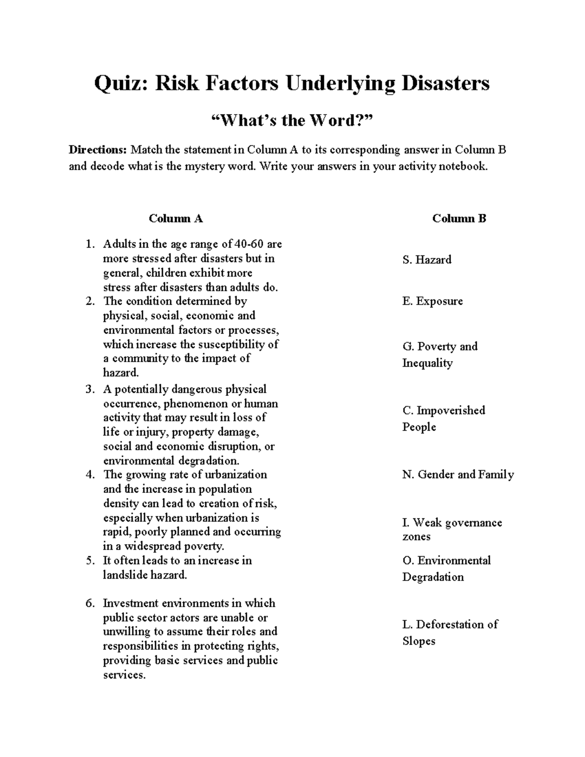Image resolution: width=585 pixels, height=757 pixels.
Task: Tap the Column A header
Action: point(175,218)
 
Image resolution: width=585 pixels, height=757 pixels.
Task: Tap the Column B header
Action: point(459,218)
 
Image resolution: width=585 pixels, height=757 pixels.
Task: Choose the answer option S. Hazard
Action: point(427,260)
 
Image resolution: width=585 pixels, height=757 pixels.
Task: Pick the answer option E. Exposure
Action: point(432,301)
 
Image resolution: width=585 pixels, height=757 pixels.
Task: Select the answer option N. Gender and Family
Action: point(458,475)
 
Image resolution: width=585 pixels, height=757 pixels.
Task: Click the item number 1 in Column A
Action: point(89,244)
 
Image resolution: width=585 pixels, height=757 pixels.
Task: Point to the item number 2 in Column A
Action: point(89,301)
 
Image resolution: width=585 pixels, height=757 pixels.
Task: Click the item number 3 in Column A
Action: point(89,389)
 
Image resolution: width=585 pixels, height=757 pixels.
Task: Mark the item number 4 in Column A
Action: point(89,475)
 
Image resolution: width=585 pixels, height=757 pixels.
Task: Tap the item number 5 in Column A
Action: point(89,561)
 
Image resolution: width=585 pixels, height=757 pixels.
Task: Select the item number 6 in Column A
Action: point(89,603)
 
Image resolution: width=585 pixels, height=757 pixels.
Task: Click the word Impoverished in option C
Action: point(451,410)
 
